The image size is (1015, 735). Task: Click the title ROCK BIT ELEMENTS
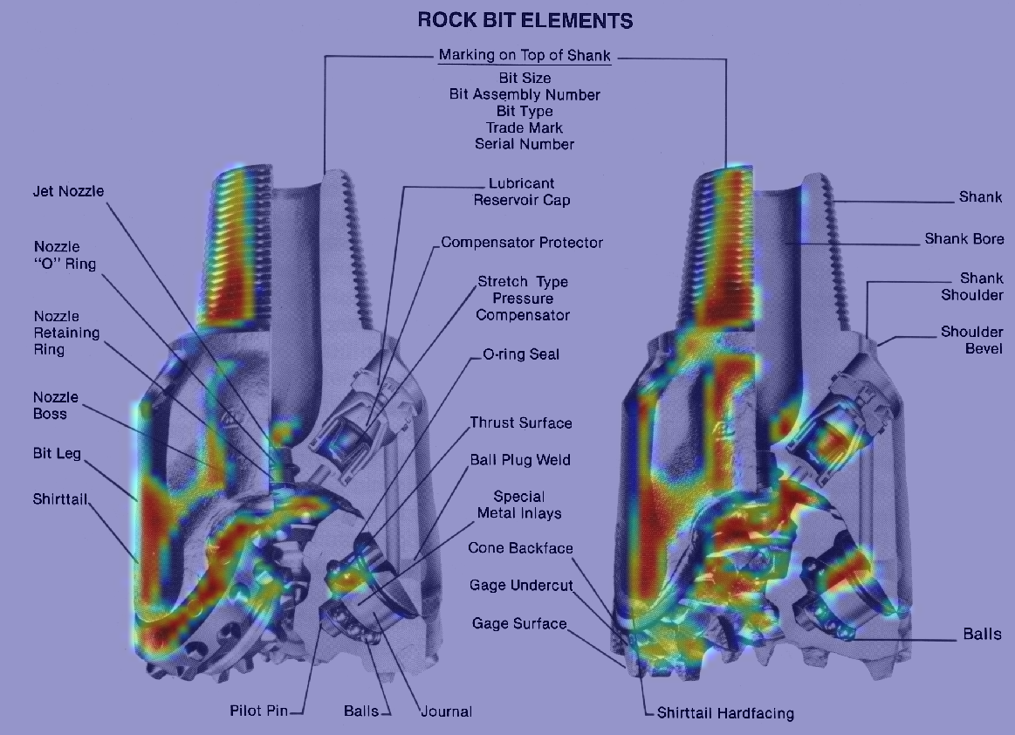click(x=525, y=20)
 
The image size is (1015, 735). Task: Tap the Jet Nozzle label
click(x=69, y=191)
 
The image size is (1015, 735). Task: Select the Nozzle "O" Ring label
click(x=65, y=255)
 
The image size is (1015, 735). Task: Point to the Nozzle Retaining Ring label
click(x=66, y=333)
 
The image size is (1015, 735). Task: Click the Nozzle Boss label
click(x=56, y=405)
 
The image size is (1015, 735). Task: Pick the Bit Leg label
click(x=57, y=453)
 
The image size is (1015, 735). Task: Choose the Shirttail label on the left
click(x=60, y=498)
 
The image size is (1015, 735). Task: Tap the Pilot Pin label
click(x=259, y=711)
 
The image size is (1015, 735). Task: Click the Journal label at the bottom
click(x=447, y=711)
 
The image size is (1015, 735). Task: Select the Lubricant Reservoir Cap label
click(x=522, y=192)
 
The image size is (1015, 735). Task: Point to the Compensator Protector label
click(x=522, y=242)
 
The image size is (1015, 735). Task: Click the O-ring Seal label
click(x=521, y=354)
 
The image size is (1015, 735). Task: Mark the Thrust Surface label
click(x=521, y=422)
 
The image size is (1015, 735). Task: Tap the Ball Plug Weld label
click(x=520, y=460)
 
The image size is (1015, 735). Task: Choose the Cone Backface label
click(x=520, y=548)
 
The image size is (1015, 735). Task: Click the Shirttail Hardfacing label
click(x=725, y=713)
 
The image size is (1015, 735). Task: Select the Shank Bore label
click(x=964, y=239)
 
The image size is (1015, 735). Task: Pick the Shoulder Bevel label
click(x=971, y=340)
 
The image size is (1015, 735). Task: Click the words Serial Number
click(x=525, y=144)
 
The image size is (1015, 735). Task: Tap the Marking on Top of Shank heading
click(x=525, y=55)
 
